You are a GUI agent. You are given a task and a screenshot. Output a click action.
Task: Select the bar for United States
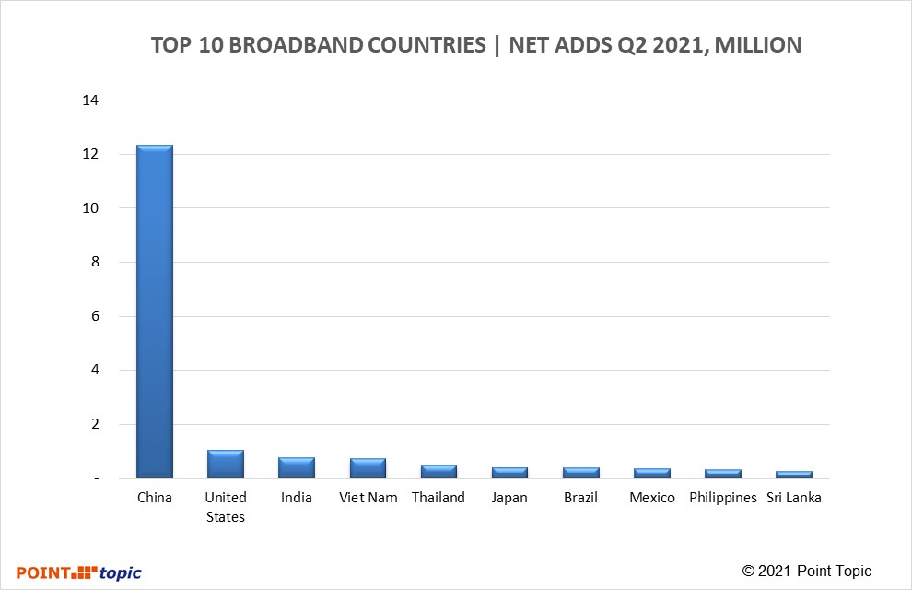pyautogui.click(x=225, y=464)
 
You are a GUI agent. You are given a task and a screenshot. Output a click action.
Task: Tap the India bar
pyautogui.click(x=297, y=467)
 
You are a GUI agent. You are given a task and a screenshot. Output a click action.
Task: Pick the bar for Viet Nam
pyautogui.click(x=368, y=467)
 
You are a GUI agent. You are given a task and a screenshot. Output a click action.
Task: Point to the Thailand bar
pyautogui.click(x=438, y=471)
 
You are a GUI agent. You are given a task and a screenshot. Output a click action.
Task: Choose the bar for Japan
pyautogui.click(x=509, y=472)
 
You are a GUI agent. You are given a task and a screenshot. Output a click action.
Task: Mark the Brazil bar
pyautogui.click(x=580, y=472)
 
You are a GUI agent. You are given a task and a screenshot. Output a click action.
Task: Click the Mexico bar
pyautogui.click(x=651, y=473)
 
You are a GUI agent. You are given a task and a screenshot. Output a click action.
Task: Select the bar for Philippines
pyautogui.click(x=723, y=473)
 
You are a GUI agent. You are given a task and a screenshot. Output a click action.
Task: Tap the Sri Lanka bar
pyautogui.click(x=794, y=474)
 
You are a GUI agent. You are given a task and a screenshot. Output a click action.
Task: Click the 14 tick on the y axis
pyautogui.click(x=90, y=100)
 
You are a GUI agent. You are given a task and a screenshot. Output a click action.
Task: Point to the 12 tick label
pyautogui.click(x=90, y=154)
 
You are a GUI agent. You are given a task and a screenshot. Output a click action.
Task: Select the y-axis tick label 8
pyautogui.click(x=94, y=262)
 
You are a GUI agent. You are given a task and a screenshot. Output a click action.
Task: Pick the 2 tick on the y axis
pyautogui.click(x=94, y=424)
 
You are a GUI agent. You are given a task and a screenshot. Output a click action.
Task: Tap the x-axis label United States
pyautogui.click(x=225, y=507)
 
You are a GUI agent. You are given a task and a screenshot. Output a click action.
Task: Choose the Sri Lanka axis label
pyautogui.click(x=794, y=498)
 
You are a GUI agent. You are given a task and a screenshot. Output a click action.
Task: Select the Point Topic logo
pyautogui.click(x=79, y=572)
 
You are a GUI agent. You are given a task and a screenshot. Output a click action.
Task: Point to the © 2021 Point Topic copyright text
pyautogui.click(x=806, y=571)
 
